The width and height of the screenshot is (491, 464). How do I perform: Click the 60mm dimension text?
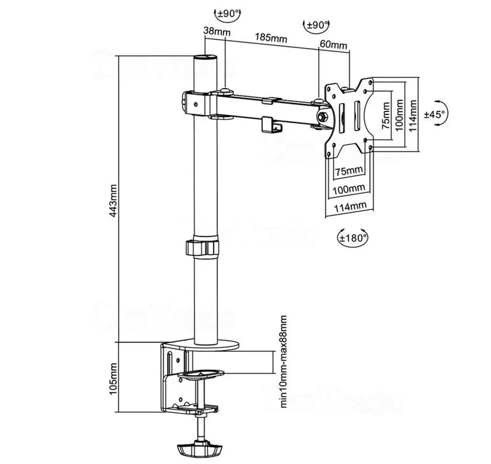(333, 44)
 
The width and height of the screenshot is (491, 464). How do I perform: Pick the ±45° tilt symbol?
(436, 114)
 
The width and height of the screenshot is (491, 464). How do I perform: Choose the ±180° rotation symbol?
(353, 237)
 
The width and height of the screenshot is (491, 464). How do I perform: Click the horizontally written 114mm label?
(350, 206)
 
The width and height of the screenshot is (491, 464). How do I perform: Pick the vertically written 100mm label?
(399, 115)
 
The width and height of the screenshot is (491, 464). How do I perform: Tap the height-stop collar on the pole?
(204, 247)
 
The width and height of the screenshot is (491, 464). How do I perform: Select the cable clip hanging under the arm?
(272, 125)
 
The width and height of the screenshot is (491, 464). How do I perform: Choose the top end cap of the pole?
(205, 57)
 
